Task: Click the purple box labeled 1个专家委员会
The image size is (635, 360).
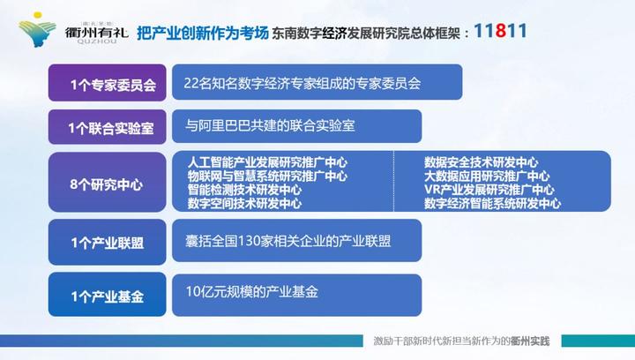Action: (x=111, y=86)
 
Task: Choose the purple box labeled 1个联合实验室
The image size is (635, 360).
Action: (x=111, y=128)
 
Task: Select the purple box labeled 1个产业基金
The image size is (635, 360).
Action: (x=111, y=292)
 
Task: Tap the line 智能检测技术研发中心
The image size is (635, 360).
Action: (x=244, y=190)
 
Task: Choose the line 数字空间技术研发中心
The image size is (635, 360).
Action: (x=244, y=203)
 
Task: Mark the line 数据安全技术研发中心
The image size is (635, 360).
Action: (x=481, y=163)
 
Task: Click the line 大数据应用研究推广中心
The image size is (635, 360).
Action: (x=488, y=176)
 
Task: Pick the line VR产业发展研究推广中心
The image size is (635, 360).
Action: (x=489, y=190)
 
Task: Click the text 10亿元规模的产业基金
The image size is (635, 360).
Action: (x=251, y=291)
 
